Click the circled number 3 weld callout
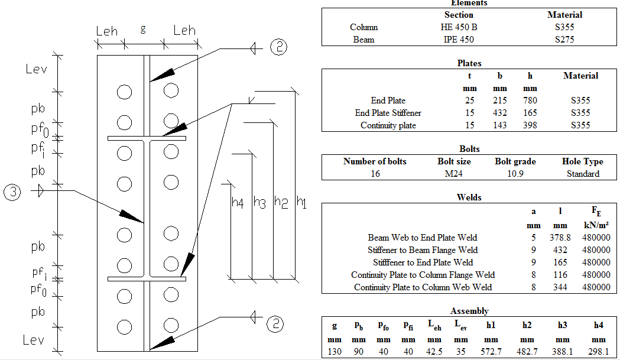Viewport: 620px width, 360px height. (x=12, y=192)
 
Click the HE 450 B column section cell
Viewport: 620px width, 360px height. (x=458, y=27)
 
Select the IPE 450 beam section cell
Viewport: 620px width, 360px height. (x=458, y=40)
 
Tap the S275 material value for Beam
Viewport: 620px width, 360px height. (x=564, y=40)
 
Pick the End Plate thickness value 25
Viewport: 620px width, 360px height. (x=470, y=100)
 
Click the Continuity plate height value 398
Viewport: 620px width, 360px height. (x=530, y=125)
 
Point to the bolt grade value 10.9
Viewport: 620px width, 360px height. (x=515, y=174)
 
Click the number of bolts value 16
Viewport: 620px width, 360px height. (x=374, y=174)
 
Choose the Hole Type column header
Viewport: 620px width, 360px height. (x=582, y=161)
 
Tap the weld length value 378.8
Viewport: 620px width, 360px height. (x=560, y=238)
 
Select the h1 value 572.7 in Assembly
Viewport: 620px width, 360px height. (x=491, y=353)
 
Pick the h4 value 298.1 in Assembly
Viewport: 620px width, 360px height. (x=598, y=353)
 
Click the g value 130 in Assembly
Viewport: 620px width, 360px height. (x=335, y=353)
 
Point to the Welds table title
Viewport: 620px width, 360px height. (x=469, y=197)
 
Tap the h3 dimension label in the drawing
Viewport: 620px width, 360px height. (x=259, y=203)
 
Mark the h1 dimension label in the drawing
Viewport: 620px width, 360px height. (x=301, y=203)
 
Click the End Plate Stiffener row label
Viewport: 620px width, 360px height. (x=388, y=113)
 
